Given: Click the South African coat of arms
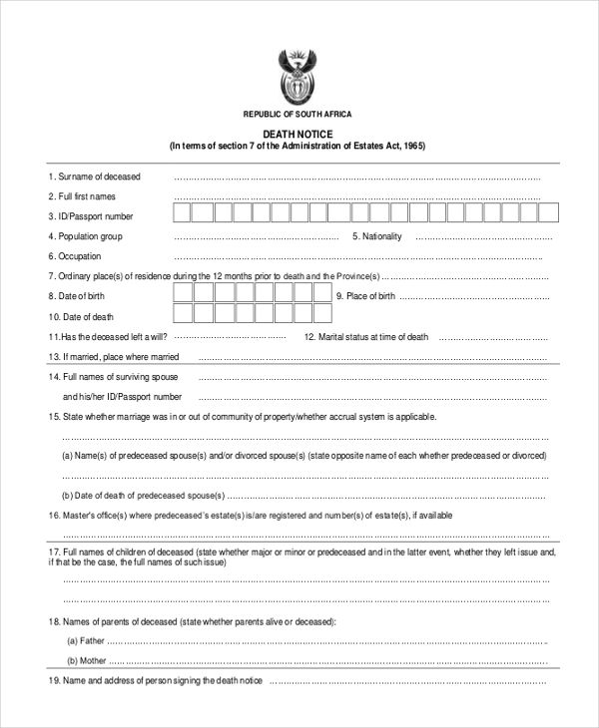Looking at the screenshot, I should [x=297, y=76].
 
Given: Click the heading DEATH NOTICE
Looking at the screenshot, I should [x=298, y=134].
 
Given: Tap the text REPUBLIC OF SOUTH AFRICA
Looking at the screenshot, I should [x=298, y=114].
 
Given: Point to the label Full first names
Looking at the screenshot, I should [x=88, y=196].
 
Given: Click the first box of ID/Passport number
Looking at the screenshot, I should [x=182, y=213].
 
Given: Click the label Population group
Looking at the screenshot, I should [x=90, y=236].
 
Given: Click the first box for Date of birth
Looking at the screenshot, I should [x=182, y=293].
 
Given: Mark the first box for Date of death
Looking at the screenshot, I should [x=182, y=315].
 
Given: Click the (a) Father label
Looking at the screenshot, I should [x=86, y=641].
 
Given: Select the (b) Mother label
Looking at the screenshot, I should [x=86, y=660].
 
